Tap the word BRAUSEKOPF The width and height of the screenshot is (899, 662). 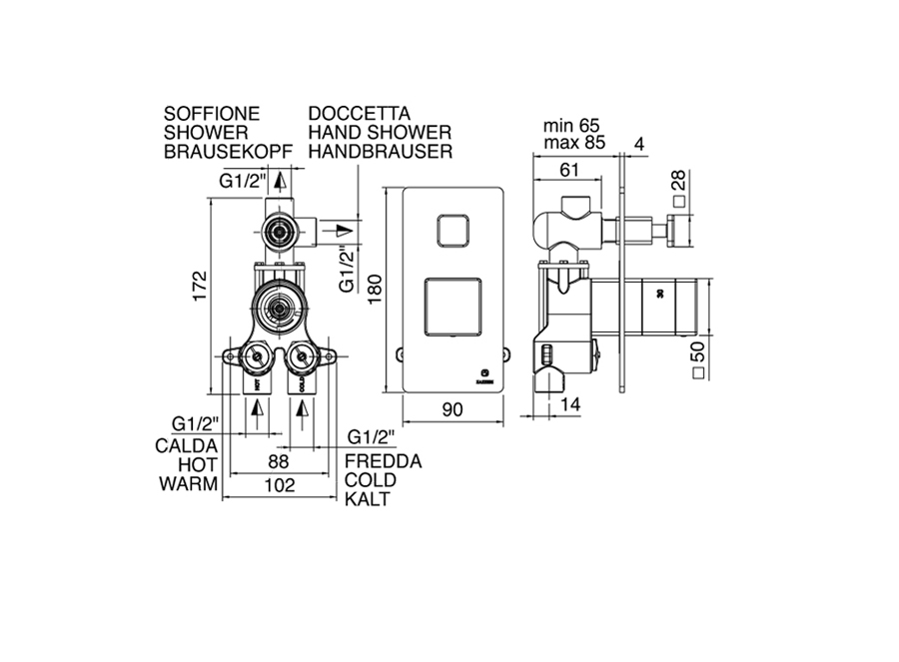[x=228, y=152]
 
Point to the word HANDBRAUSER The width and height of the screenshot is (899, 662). [x=381, y=152]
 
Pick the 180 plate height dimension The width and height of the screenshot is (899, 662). [x=375, y=289]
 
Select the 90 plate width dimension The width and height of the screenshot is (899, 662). [x=452, y=408]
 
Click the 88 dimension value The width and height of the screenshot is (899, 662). [x=279, y=462]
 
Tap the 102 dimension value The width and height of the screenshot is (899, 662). [x=279, y=485]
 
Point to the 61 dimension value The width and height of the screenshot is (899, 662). [x=568, y=170]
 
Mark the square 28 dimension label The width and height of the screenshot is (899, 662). [x=680, y=191]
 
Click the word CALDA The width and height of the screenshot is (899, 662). [x=188, y=445]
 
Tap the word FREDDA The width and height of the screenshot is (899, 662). [x=382, y=462]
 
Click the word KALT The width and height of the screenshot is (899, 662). [x=367, y=498]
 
